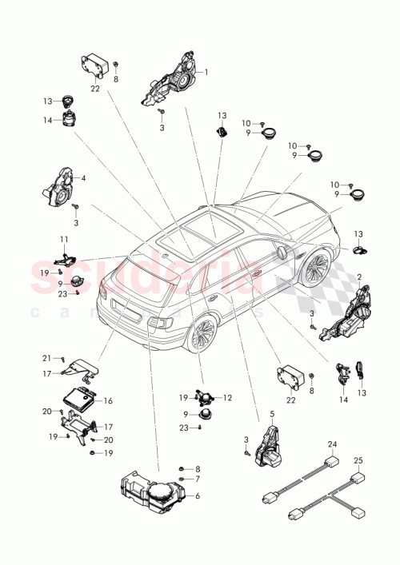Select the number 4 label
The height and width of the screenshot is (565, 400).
[x=83, y=178]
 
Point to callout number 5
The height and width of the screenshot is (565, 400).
[x=271, y=414]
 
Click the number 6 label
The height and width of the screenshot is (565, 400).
[x=197, y=495]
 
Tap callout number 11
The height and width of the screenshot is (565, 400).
[x=63, y=239]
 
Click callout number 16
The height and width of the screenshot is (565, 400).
[x=108, y=401]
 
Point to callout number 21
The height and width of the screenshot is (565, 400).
[x=46, y=357]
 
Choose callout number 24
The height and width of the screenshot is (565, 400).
[x=331, y=444]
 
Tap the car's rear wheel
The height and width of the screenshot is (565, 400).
[x=200, y=334]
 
